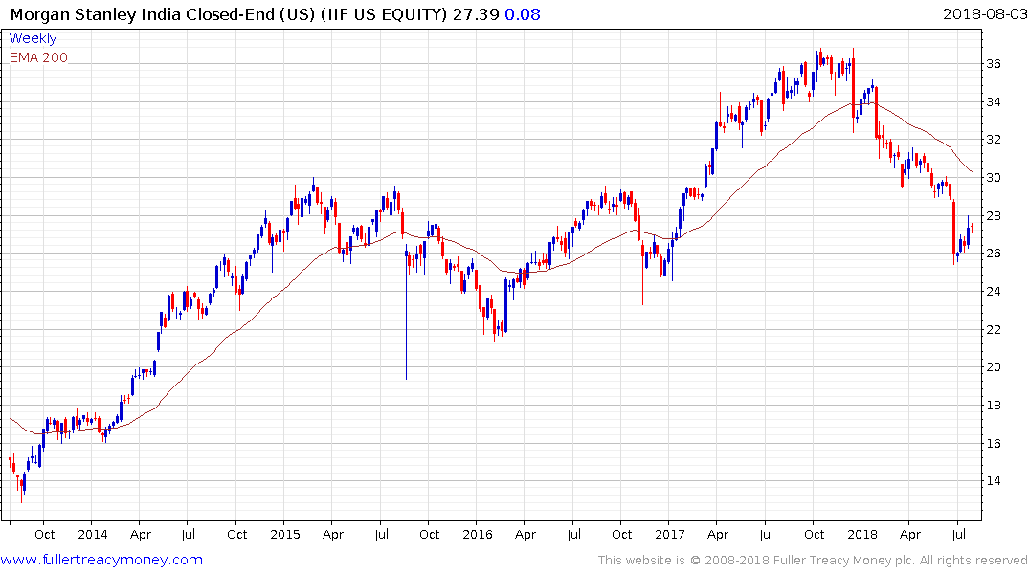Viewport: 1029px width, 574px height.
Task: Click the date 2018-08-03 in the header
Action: point(984,13)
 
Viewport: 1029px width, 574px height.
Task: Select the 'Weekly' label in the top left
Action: point(33,38)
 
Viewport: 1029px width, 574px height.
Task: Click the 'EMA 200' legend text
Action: point(38,57)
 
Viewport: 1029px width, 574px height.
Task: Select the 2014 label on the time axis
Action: point(93,535)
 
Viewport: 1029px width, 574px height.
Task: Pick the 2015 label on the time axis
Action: point(285,535)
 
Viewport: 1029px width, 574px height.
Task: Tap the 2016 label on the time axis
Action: point(478,535)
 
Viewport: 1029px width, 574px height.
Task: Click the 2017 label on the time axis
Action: point(670,535)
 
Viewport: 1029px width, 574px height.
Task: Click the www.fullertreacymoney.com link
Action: point(101,560)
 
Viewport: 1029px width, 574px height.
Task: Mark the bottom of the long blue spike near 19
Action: point(406,378)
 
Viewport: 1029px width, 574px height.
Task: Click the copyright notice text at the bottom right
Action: point(813,560)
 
